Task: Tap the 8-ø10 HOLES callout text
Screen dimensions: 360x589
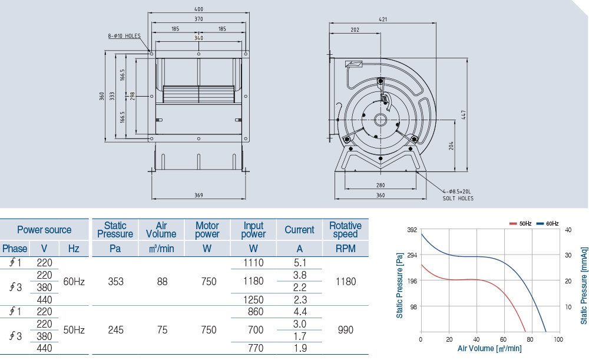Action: coord(124,36)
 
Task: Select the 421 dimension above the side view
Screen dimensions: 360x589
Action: coord(383,19)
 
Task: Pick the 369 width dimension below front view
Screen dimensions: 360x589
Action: coord(198,196)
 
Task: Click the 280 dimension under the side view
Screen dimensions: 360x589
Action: coord(380,186)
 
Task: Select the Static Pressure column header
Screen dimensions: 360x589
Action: coord(115,230)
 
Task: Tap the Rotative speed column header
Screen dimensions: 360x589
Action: coord(345,230)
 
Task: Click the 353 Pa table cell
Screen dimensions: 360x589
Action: coord(115,282)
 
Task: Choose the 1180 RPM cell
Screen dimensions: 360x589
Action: coord(345,282)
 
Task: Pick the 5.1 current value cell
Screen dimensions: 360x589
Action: coord(299,263)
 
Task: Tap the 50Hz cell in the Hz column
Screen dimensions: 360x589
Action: coord(74,331)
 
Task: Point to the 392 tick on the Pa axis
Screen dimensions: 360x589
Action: coord(411,230)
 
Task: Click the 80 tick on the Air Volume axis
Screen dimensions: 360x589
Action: coord(531,340)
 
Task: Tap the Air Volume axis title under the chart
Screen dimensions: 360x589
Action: coord(489,349)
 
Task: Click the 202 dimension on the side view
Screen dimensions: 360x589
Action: coord(355,29)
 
